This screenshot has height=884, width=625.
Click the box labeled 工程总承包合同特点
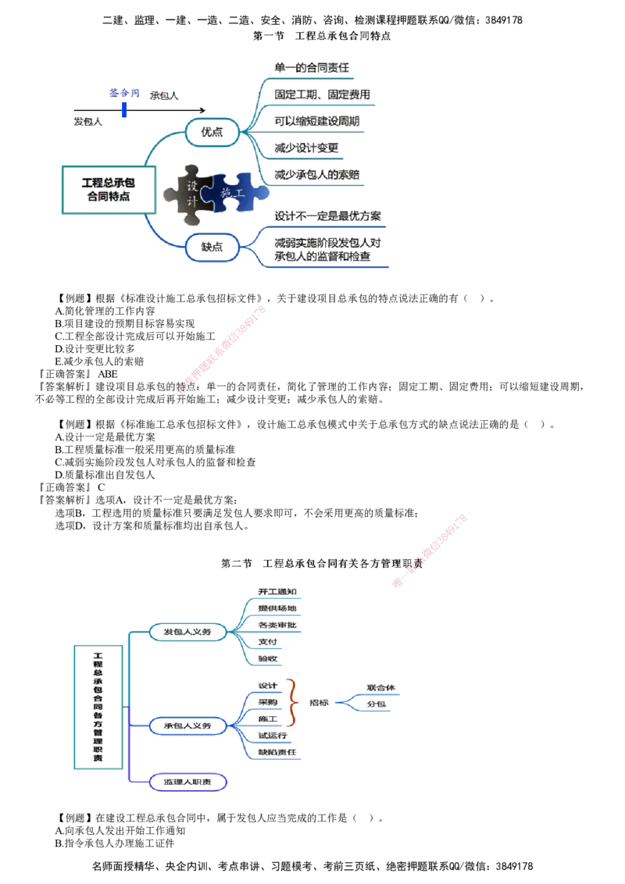[x=108, y=190]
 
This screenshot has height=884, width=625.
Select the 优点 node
[x=211, y=131]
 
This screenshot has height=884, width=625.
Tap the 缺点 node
[x=211, y=247]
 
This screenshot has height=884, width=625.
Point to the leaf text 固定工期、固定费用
[x=323, y=94]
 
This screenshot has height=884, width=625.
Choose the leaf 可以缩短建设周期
[x=317, y=121]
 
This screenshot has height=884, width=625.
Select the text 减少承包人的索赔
[x=317, y=175]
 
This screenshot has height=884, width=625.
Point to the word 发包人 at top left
[x=88, y=121]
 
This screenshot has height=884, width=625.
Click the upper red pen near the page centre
[x=223, y=348]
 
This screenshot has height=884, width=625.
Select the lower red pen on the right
[x=430, y=550]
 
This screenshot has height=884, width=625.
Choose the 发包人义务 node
[x=187, y=631]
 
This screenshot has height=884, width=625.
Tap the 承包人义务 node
[x=187, y=725]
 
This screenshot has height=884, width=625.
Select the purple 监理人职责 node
[x=187, y=782]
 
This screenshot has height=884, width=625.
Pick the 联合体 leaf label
[x=380, y=688]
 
